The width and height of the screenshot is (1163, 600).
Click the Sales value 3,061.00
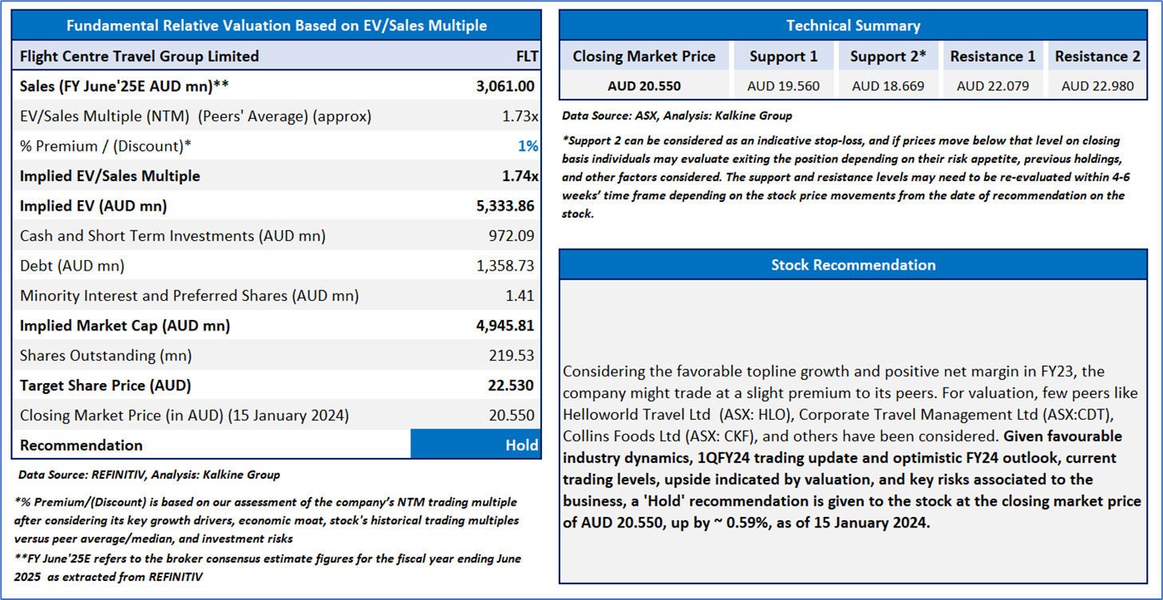tap(505, 86)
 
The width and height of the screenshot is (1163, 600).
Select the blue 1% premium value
tap(528, 146)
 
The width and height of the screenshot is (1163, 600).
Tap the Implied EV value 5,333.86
tap(505, 206)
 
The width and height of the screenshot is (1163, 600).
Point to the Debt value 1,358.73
tap(505, 266)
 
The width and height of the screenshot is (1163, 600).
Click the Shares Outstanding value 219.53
tap(512, 356)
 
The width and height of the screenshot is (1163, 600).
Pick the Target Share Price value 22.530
tap(511, 385)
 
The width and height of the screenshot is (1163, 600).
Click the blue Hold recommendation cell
tap(476, 445)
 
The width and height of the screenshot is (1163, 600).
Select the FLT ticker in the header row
tap(527, 57)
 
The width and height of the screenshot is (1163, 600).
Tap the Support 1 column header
tap(783, 57)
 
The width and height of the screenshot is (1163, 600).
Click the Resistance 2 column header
tap(1097, 57)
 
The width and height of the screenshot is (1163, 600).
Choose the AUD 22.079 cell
tap(992, 86)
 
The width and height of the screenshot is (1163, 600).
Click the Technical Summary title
tap(852, 26)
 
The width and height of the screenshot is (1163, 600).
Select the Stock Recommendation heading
tap(852, 265)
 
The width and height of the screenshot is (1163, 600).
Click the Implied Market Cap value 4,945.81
tap(505, 326)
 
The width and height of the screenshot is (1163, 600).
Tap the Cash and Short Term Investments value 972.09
tap(511, 236)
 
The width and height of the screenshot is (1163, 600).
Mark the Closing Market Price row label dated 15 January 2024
tap(184, 416)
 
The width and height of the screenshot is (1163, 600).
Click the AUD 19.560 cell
tap(783, 86)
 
